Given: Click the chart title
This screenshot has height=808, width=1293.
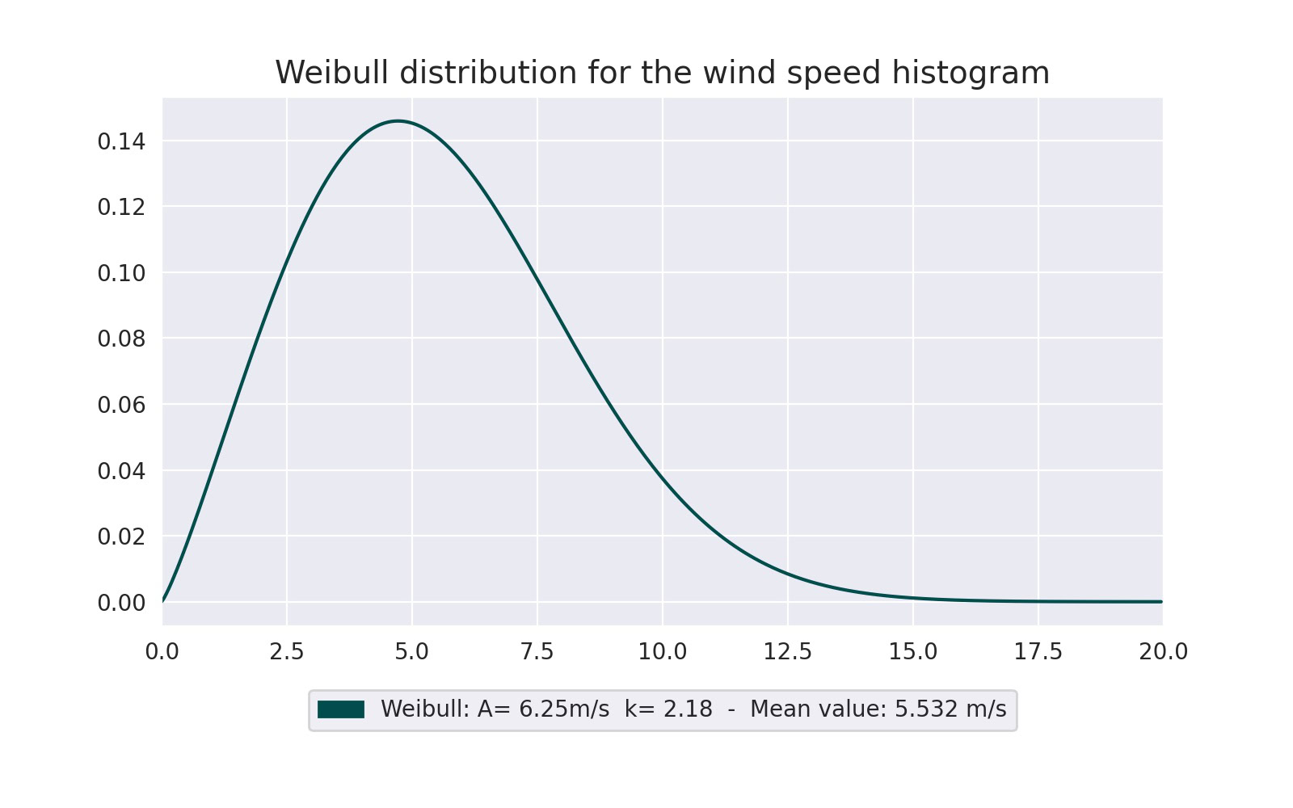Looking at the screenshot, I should (662, 73).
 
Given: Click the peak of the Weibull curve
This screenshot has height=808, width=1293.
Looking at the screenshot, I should (398, 121).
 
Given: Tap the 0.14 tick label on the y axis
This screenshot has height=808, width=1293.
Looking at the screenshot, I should (121, 142).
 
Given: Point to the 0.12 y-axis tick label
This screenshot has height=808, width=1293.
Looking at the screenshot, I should (121, 208).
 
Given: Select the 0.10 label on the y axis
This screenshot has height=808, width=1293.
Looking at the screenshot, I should (121, 274).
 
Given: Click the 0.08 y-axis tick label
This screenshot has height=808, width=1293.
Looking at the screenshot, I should (121, 339).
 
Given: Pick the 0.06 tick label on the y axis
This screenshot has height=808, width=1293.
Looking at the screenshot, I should (121, 406).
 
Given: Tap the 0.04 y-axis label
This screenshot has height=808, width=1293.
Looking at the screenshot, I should (121, 471).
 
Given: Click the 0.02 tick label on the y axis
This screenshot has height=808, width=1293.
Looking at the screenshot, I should (121, 537).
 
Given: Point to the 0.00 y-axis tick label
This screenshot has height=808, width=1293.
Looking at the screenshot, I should (121, 603).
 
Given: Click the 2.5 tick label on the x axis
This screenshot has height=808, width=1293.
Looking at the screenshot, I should (287, 652).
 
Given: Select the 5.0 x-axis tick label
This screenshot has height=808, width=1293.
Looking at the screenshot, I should (412, 652).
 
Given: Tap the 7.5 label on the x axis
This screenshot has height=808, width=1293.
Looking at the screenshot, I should (537, 652).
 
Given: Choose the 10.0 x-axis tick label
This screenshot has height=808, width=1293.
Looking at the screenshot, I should (663, 652).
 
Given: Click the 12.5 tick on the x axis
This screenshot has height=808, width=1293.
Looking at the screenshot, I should (788, 652).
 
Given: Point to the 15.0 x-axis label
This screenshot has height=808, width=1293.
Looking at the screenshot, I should (913, 652).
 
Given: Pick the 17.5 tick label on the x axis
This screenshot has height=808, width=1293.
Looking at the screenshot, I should (1038, 652).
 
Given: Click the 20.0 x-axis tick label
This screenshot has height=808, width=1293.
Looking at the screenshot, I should (1163, 652).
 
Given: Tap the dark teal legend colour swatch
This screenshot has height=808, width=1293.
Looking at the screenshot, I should (341, 709).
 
